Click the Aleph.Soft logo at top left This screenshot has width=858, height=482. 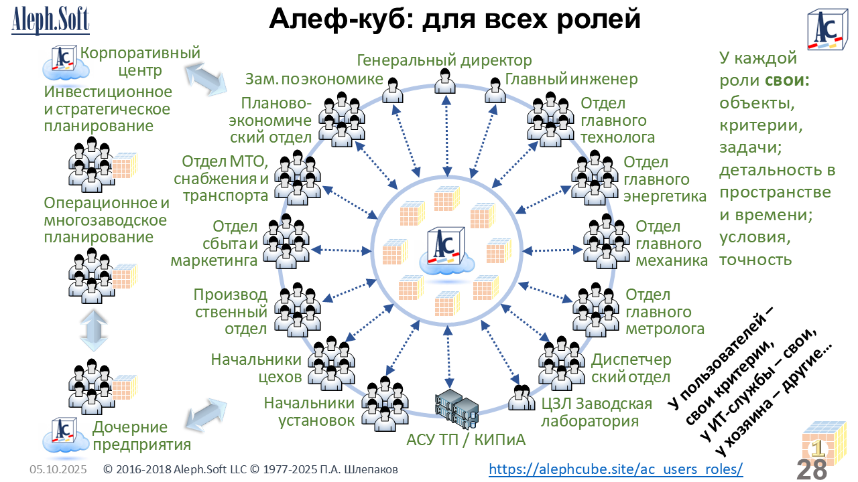tap(50, 20)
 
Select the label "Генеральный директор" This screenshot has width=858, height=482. tap(444, 61)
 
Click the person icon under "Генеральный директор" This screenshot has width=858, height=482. tap(444, 82)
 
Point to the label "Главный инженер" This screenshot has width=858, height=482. tap(571, 80)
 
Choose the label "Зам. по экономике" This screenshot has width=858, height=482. tap(313, 80)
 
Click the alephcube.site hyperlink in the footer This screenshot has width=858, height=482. tap(616, 469)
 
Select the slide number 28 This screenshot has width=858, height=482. tap(812, 469)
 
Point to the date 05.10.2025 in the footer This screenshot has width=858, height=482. tap(58, 470)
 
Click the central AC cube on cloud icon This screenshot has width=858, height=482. tap(443, 248)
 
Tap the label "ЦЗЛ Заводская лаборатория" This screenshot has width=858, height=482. tap(596, 412)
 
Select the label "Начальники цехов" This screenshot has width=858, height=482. tap(258, 368)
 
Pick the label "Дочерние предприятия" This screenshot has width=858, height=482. tap(141, 436)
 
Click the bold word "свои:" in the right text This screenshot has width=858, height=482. tap(787, 80)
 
